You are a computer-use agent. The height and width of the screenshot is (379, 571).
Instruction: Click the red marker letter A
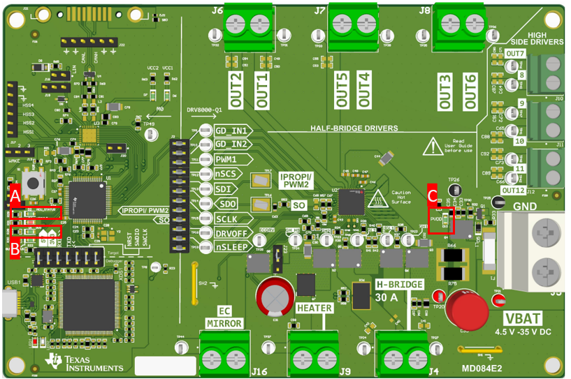pyautogui.click(x=15, y=196)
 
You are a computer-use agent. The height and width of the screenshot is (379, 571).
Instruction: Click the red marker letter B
pyautogui.click(x=15, y=248)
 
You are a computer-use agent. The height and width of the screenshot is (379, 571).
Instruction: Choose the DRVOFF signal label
pyautogui.click(x=233, y=232)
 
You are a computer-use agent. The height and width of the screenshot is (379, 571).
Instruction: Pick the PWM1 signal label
pyautogui.click(x=229, y=160)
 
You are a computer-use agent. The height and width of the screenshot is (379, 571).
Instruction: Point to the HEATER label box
pyautogui.click(x=314, y=308)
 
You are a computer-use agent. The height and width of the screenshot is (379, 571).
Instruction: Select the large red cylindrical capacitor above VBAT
pyautogui.click(x=468, y=311)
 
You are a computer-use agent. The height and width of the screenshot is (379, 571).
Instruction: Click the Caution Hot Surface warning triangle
pyautogui.click(x=380, y=199)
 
